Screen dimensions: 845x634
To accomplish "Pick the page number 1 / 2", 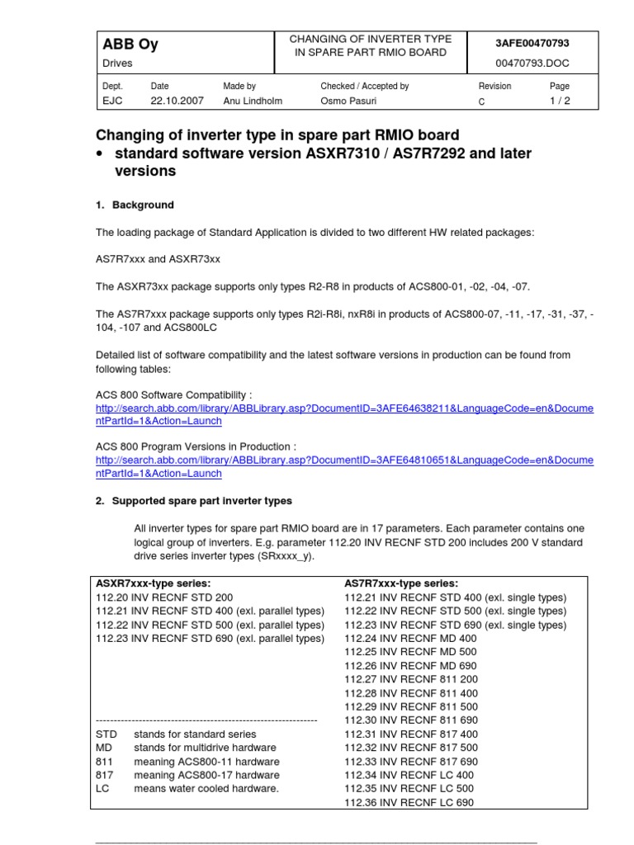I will pos(560,101).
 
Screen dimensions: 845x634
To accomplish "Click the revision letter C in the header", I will pos(482,101).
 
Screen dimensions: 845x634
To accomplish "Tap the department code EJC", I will pos(111,101).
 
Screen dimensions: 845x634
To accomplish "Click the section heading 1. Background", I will pos(135,205).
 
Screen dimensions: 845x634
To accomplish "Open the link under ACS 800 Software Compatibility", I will pos(344,415).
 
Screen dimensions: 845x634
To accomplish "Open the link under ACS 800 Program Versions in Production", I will pos(344,466).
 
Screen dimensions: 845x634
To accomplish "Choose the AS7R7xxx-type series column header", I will pos(401,583).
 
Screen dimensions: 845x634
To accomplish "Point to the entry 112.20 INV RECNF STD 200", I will pos(165,597).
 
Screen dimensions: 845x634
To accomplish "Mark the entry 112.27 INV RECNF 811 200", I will pos(410,679).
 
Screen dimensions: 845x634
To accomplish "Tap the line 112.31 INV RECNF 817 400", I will pos(410,734).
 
